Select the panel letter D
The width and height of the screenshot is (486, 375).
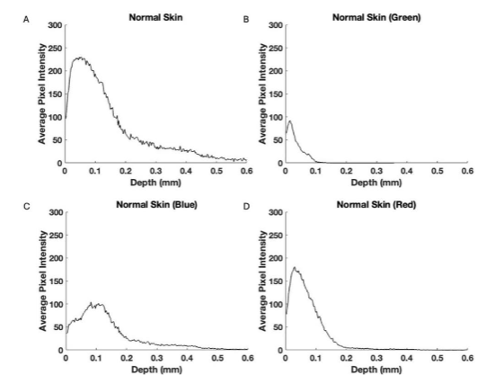pos(247,206)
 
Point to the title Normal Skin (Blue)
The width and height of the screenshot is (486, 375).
pos(155,204)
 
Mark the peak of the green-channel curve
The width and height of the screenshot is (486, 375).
pos(290,121)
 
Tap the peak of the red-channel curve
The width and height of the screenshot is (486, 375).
pos(295,267)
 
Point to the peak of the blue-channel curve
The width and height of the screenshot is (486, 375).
pos(99,303)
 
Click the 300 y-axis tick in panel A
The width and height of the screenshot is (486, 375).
pos(54,24)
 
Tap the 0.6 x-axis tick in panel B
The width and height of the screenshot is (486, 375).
pos(467,171)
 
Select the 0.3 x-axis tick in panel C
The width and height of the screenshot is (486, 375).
pos(155,357)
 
